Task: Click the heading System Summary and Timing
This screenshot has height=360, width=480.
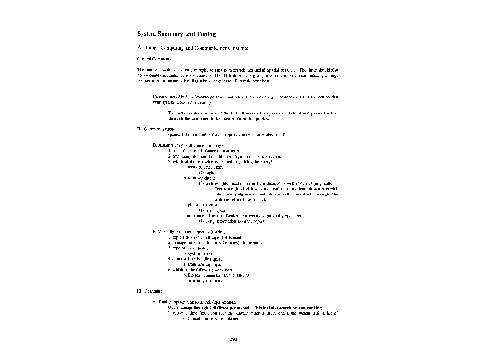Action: pos(176,34)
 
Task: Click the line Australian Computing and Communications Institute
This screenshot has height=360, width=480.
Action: pos(193,48)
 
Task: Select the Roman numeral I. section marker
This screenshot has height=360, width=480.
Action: pos(138,97)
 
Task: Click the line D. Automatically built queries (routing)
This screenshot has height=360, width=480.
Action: pos(187,145)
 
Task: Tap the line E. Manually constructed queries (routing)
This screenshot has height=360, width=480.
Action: pos(189,232)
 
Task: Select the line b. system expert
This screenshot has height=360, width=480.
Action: pos(197,253)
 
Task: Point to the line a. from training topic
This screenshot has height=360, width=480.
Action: pos(202,264)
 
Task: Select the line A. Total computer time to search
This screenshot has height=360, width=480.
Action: pos(195,302)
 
